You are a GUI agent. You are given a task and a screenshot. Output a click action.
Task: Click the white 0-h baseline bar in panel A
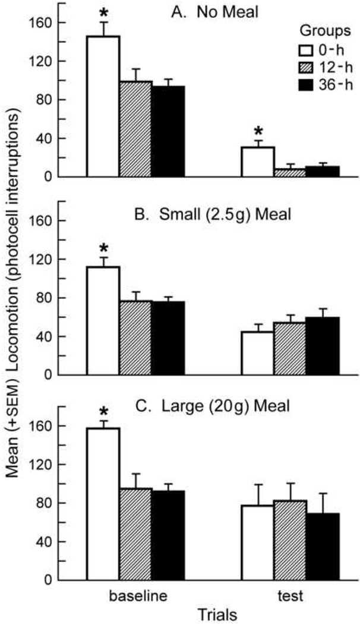click(103, 106)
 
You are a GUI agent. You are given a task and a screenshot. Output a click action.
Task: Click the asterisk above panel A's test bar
click(257, 131)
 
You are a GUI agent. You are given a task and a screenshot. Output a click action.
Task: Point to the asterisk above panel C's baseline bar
click(103, 412)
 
